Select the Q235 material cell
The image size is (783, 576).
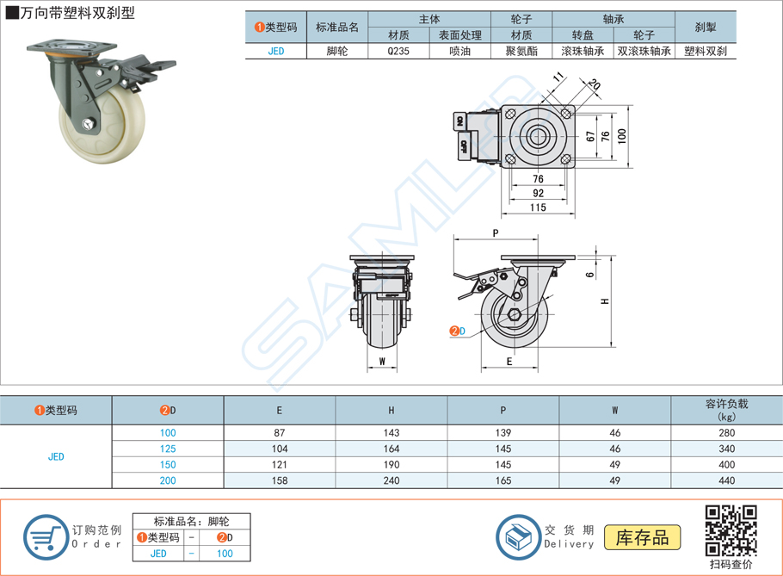[x=398, y=51]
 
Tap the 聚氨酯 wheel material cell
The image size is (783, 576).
[x=521, y=51]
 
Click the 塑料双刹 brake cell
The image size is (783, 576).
[x=705, y=51]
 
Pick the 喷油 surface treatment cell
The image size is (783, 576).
[x=459, y=51]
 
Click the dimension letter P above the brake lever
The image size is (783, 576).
[x=496, y=233]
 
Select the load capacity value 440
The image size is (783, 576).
[x=726, y=480]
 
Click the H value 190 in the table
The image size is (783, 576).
[x=391, y=465]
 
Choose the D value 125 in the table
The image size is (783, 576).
[x=168, y=449]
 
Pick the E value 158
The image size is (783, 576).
[x=279, y=480]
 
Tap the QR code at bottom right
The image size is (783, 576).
[x=731, y=530]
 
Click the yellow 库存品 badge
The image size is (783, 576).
[x=642, y=538]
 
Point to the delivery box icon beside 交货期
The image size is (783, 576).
[x=517, y=536]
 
